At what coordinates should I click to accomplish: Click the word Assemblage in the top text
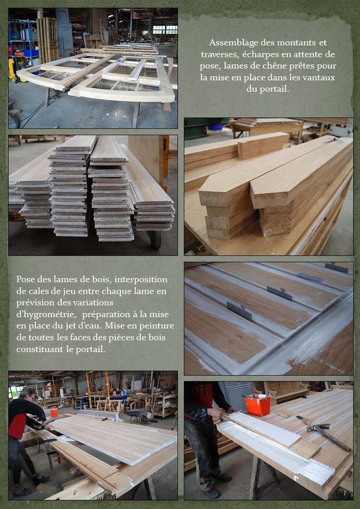click(x=229, y=43)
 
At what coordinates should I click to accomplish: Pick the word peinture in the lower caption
click(x=158, y=326)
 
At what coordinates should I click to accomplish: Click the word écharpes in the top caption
click(x=257, y=54)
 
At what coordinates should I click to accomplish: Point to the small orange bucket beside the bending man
click(x=54, y=412)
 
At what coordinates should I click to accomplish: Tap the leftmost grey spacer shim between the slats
click(x=239, y=311)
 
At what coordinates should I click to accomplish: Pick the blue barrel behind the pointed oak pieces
click(x=216, y=127)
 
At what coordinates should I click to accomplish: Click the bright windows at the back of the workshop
click(x=165, y=29)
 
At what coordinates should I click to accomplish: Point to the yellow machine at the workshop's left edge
click(x=12, y=70)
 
